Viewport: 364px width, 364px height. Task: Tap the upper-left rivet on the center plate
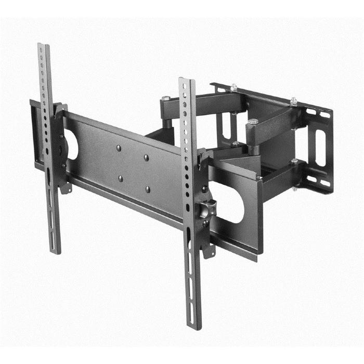(x=119, y=148)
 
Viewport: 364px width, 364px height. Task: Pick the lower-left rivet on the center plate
(x=121, y=178)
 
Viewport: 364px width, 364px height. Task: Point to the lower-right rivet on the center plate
(x=148, y=190)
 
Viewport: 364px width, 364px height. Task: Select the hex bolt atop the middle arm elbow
(x=253, y=122)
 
